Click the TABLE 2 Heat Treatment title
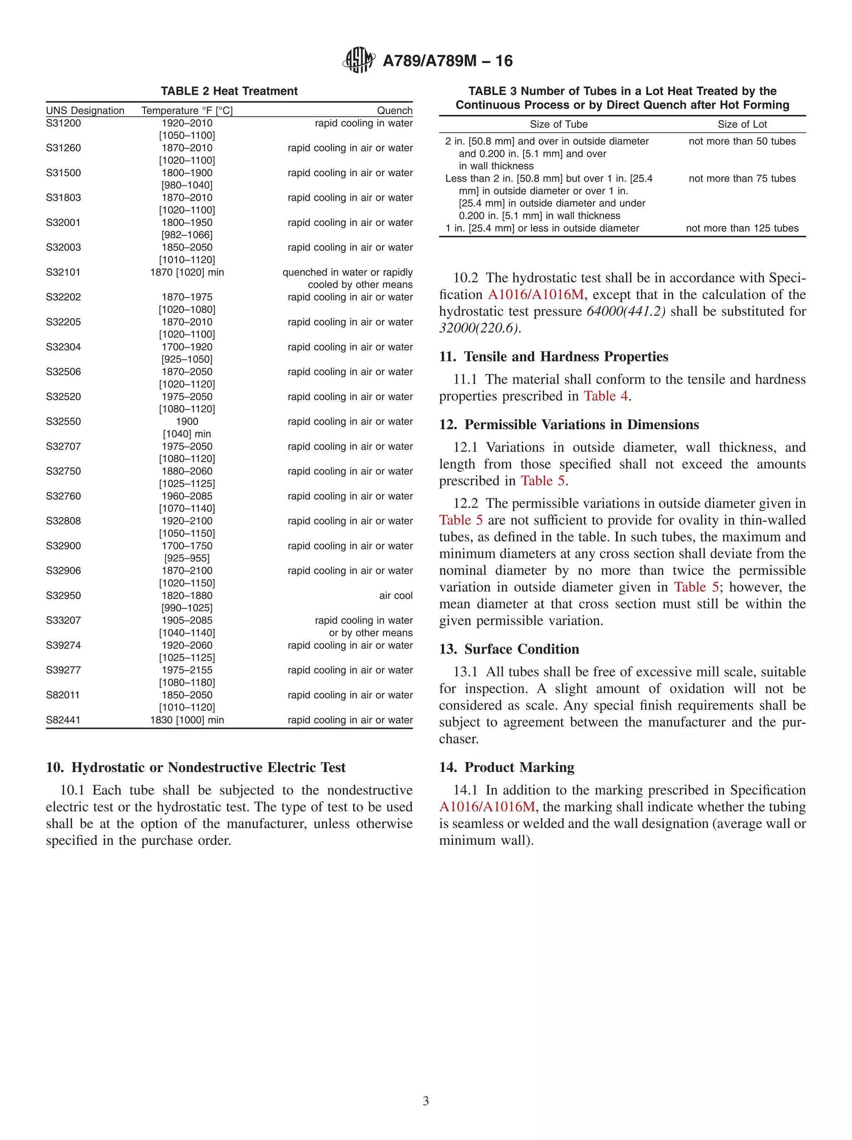pos(229,91)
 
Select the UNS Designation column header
pos(85,110)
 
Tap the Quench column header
pos(394,110)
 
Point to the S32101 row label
pos(63,272)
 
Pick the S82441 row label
pos(63,720)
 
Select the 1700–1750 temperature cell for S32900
pos(187,546)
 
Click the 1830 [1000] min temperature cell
pos(187,720)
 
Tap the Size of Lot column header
pos(742,124)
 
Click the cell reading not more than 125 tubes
pos(742,228)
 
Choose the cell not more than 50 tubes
pos(742,141)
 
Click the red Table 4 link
pos(606,396)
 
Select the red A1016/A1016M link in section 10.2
pos(535,295)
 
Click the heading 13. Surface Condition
pos(509,649)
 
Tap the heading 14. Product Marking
pos(506,767)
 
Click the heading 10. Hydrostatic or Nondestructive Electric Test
pos(196,767)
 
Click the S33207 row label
pos(63,621)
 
